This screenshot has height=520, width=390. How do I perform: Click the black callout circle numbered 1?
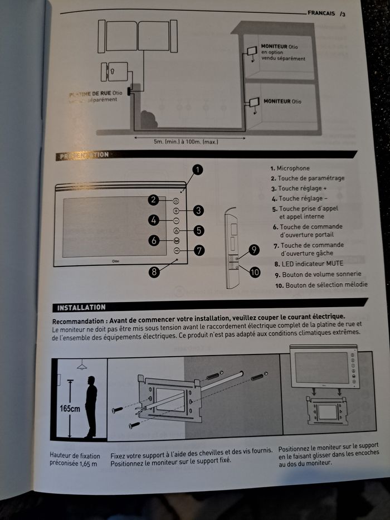(198, 169)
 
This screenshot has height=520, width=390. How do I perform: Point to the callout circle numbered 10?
(255, 272)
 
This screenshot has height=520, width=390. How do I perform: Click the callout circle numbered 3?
(199, 210)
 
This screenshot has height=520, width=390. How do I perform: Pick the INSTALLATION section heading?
(81, 307)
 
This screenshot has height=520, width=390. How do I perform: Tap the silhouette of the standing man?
(90, 406)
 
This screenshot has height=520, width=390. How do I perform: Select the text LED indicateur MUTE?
(316, 264)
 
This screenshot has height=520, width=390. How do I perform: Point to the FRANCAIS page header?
(321, 13)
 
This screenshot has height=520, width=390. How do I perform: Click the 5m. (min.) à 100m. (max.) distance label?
(186, 142)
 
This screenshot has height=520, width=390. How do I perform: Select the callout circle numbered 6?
(154, 240)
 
